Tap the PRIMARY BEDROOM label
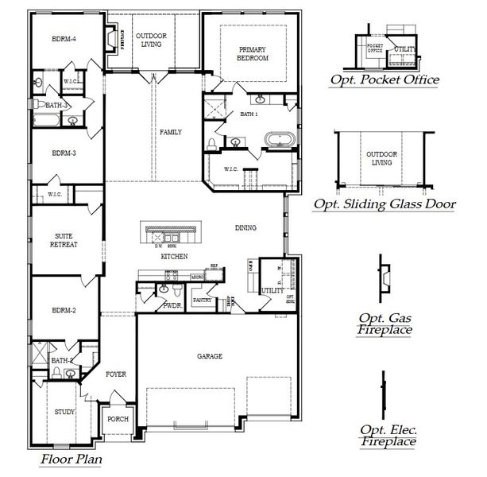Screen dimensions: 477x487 point(253,54)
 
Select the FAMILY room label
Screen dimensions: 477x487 point(171,132)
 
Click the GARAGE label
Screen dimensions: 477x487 point(210,357)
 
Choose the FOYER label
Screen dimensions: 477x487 point(116,374)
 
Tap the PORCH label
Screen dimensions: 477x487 point(118,419)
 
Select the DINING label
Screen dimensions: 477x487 point(245,228)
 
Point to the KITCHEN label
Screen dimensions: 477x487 point(174,258)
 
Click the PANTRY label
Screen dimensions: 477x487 point(201,300)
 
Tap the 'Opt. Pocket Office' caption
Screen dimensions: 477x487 point(385,79)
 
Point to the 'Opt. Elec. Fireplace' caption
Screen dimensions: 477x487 point(388,435)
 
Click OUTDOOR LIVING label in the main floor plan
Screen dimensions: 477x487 point(150,40)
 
